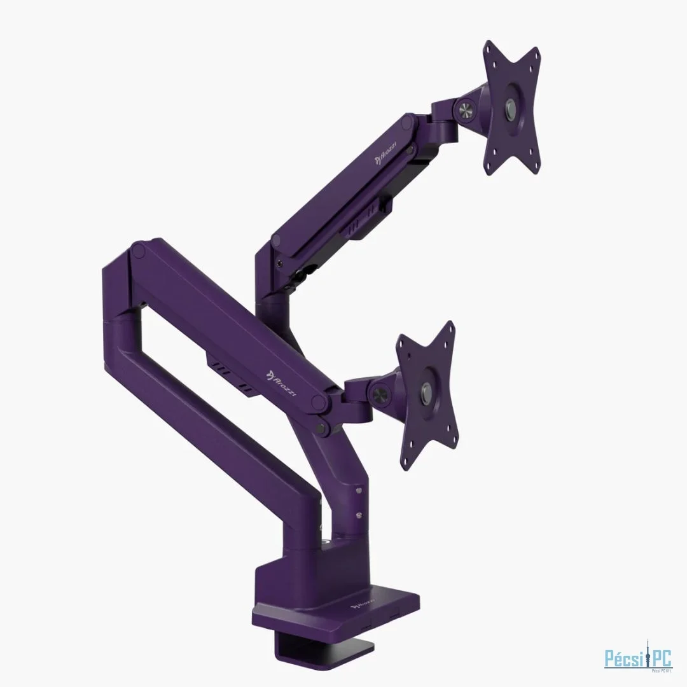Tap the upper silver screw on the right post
point(359,491)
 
